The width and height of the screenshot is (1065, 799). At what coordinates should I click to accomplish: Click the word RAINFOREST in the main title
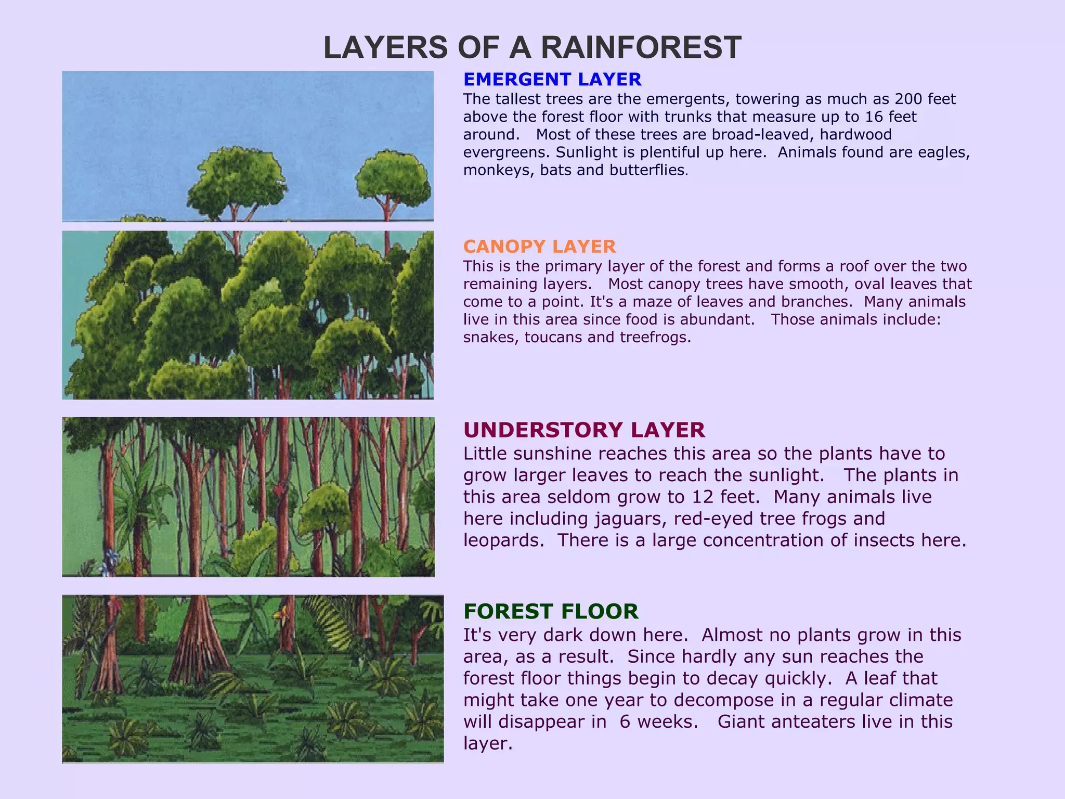click(x=641, y=48)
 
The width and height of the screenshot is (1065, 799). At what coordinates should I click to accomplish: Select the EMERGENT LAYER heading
click(x=552, y=80)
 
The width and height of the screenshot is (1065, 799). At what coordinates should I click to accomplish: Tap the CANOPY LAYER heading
click(x=539, y=247)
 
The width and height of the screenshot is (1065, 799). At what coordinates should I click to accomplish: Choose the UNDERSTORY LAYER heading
click(x=584, y=430)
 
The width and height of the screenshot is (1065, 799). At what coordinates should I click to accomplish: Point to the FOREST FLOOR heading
click(x=551, y=612)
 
